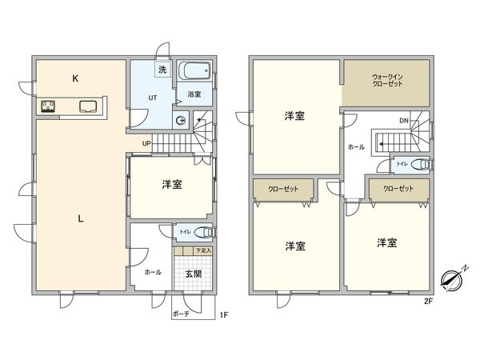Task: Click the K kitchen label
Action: (74, 78)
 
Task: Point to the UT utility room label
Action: (151, 98)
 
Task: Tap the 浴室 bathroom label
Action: (194, 94)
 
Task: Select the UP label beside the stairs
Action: (146, 143)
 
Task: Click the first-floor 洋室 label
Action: (171, 185)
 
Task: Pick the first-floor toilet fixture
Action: (202, 233)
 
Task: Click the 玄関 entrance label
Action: (193, 274)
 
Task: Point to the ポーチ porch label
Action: (182, 314)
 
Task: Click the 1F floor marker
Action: (225, 315)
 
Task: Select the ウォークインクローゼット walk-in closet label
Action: (386, 81)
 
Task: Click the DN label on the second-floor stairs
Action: (404, 121)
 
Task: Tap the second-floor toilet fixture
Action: (421, 163)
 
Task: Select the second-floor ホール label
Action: (357, 147)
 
